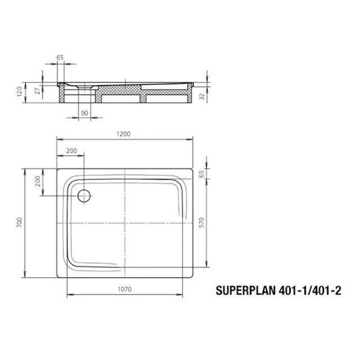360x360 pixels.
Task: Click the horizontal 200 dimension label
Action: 71,151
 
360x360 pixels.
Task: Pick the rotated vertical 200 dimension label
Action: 38,182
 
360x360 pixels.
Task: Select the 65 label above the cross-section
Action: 60,57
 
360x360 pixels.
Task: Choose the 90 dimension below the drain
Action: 85,113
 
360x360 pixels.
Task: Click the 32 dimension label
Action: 203,95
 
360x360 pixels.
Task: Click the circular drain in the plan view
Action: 84,196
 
